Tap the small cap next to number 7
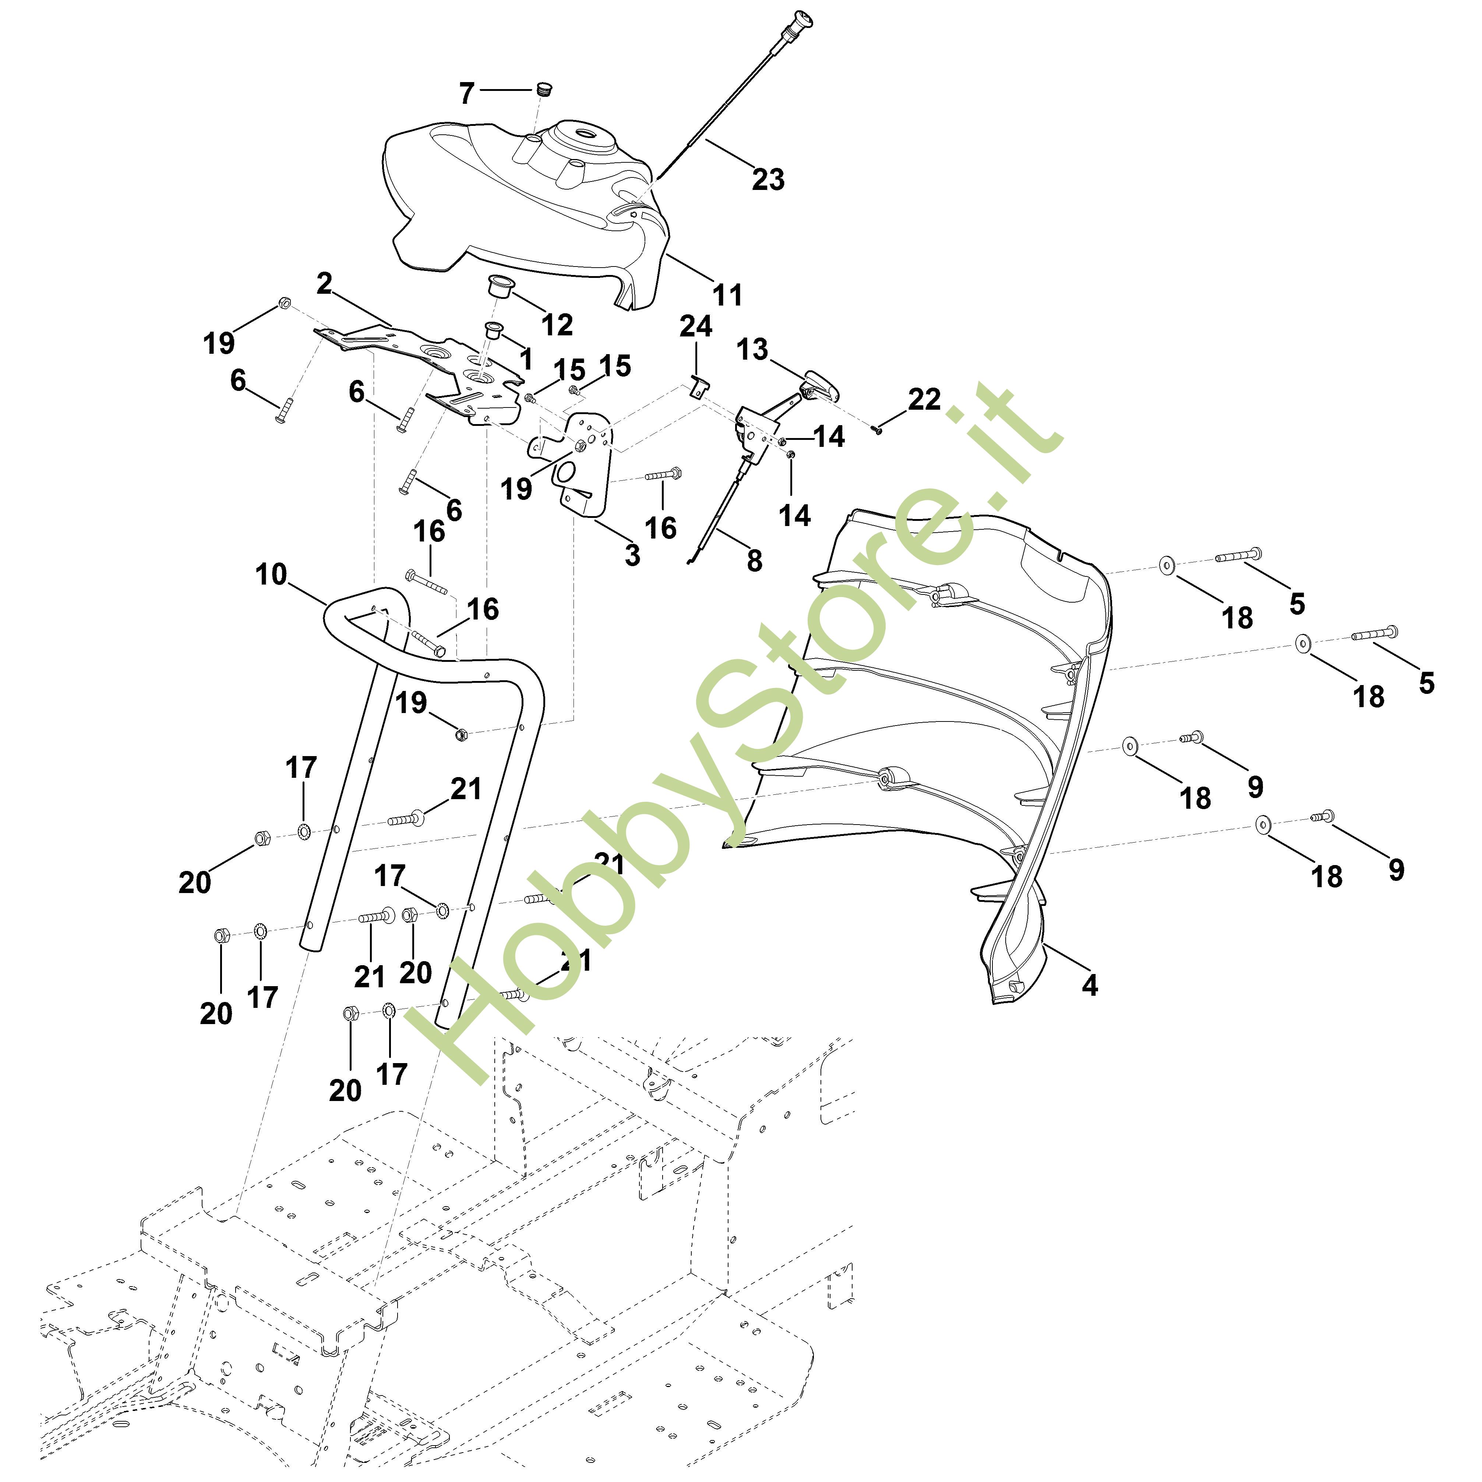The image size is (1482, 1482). point(544,90)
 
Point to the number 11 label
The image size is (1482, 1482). point(727,294)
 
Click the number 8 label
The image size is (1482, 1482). point(755,561)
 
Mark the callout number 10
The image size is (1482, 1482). point(271,574)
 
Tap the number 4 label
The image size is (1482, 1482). point(1089,984)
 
